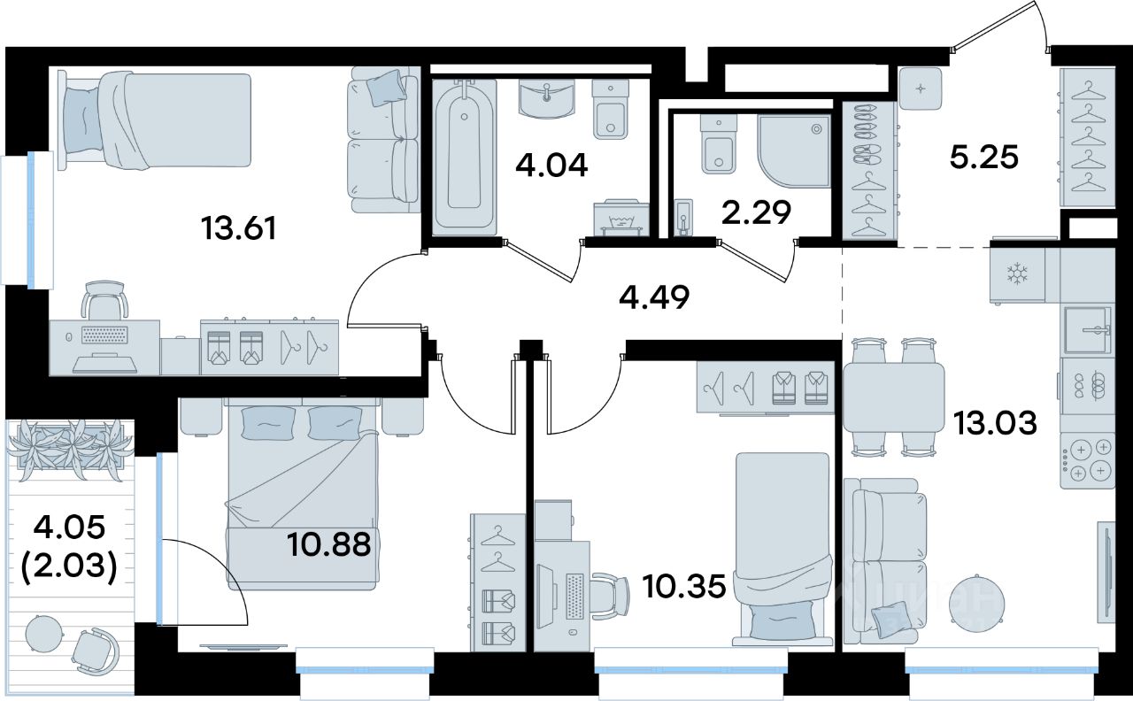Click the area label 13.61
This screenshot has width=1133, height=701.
point(239,228)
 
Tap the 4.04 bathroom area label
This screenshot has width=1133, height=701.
point(551,165)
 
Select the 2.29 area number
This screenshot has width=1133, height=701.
point(757,212)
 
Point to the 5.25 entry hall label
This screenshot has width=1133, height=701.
point(983,157)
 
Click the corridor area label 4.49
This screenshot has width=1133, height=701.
point(654,297)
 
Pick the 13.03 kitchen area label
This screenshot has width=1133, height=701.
point(995,423)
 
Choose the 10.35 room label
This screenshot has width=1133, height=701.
point(684,587)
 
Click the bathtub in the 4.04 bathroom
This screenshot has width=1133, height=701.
point(465,156)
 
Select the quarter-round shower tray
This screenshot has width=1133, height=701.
point(795,150)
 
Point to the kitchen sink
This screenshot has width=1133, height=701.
point(1089,330)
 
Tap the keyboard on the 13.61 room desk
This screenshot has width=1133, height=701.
point(104,335)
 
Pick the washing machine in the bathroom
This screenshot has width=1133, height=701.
point(620,219)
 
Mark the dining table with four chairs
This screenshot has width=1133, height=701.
point(893,397)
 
